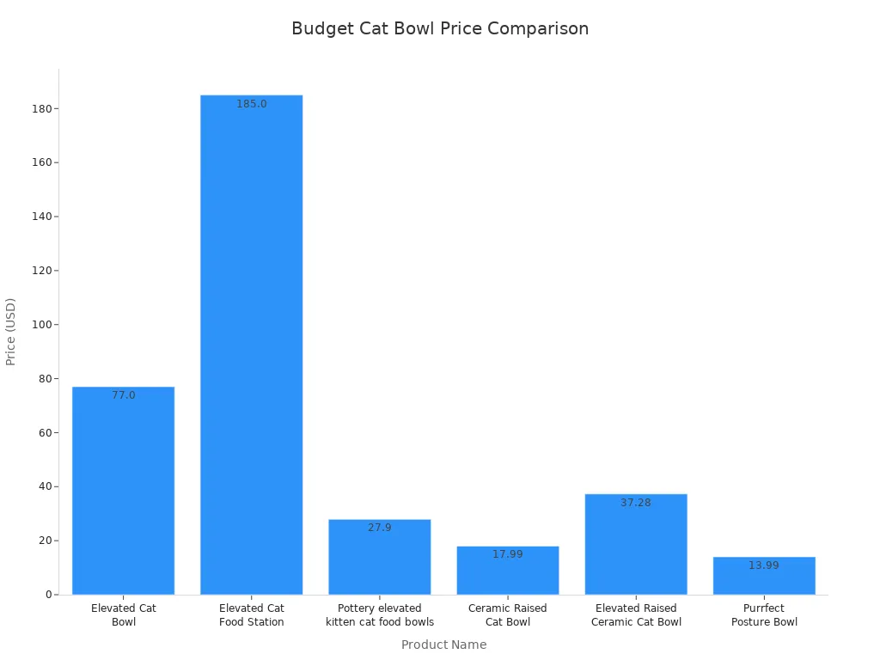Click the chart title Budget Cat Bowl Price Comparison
(x=440, y=28)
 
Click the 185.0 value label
(x=252, y=104)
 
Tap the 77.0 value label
(x=124, y=395)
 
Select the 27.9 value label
(x=380, y=528)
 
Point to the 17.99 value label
(x=508, y=554)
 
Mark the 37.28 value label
(x=636, y=503)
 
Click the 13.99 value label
(x=764, y=565)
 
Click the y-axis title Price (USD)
(x=11, y=332)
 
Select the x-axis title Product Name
(x=443, y=645)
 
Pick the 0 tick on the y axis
(x=48, y=595)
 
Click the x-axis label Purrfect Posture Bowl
(x=764, y=615)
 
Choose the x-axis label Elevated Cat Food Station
(x=251, y=615)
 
